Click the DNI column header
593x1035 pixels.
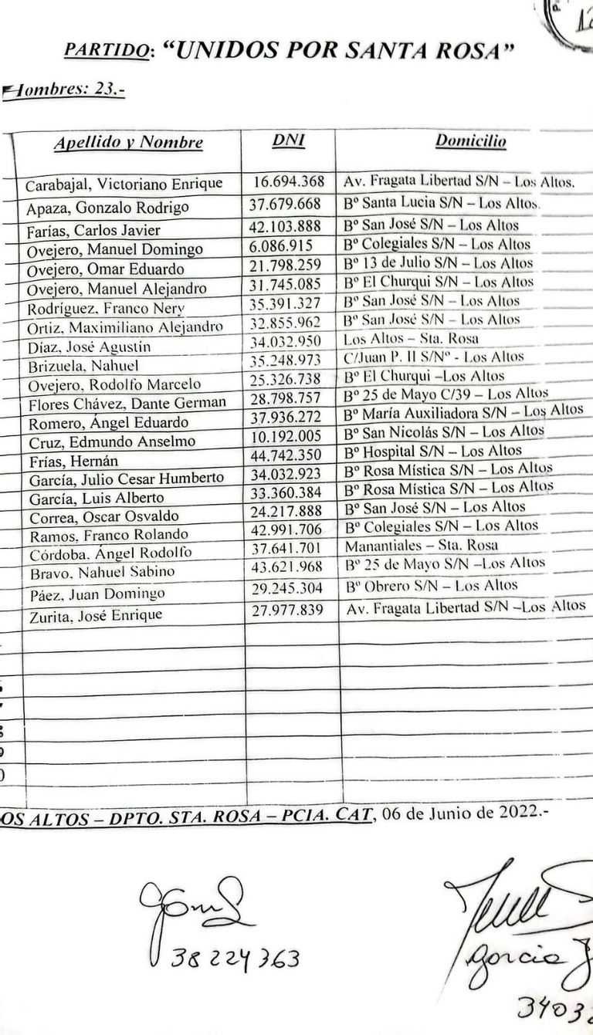(289, 140)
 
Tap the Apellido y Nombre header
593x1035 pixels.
(128, 143)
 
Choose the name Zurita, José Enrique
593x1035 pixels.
(97, 615)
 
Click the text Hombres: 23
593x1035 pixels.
(66, 91)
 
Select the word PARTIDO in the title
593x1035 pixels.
(107, 52)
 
